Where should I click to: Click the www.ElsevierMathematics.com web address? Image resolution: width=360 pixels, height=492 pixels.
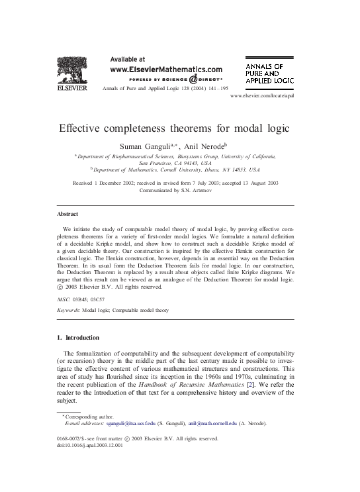coord(165,68)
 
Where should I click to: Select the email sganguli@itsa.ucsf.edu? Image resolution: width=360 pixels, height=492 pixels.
coord(135,422)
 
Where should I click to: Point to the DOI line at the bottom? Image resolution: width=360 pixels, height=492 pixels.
coord(91,445)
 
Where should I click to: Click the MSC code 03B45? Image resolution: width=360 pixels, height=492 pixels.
coord(85,300)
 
